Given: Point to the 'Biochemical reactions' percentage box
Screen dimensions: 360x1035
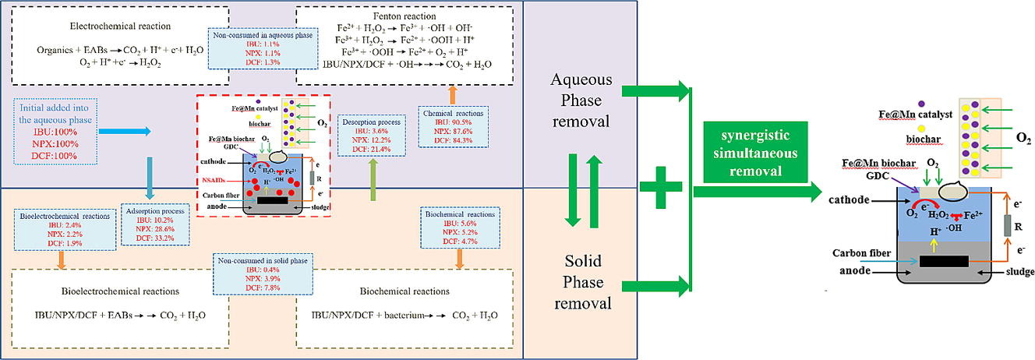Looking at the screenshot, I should pyautogui.click(x=458, y=226).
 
